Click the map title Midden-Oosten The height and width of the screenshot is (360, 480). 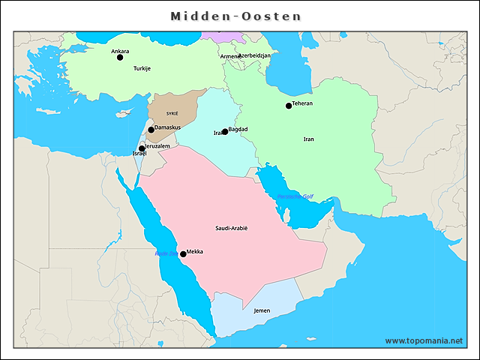coord(235,16)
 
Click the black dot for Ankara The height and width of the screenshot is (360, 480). coord(120,57)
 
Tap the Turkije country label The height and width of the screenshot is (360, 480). coord(142,68)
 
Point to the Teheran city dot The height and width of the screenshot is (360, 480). coord(289,106)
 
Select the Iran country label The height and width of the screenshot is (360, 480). coord(308,139)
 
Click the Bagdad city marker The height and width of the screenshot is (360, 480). coord(225,132)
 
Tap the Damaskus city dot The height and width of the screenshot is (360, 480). coord(151,130)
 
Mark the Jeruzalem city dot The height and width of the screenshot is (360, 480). coord(142,148)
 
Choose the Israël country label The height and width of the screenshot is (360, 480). coord(139,154)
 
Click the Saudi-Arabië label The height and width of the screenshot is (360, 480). coord(236,228)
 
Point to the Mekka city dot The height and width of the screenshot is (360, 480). coord(183,254)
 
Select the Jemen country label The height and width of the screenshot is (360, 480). coord(262,310)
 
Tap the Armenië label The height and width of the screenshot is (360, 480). coord(229,57)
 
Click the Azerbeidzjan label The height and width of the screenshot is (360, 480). coord(256,55)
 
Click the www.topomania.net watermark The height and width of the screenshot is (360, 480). coord(424,340)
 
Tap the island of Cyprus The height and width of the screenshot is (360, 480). coord(122,115)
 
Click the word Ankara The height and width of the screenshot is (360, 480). coord(120,51)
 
